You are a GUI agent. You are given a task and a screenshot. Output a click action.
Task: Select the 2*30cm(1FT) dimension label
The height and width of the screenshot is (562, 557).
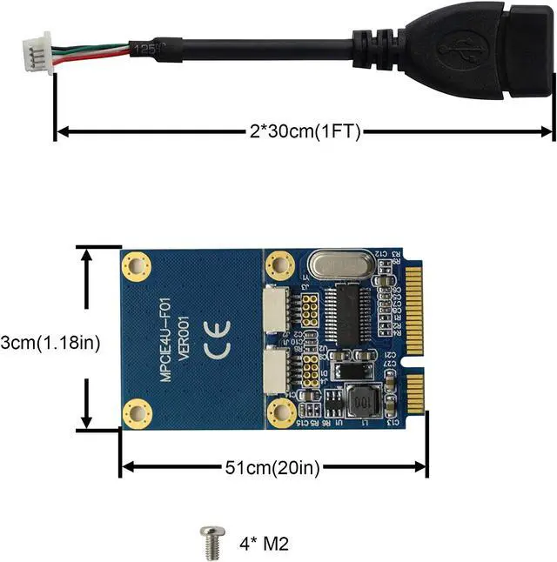[300, 132]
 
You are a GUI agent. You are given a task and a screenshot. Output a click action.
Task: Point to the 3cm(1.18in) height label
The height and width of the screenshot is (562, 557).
[50, 343]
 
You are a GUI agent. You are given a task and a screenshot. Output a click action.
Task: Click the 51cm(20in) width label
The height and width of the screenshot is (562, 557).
[273, 468]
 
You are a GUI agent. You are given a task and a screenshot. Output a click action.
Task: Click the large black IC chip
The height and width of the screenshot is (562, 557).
[346, 315]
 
